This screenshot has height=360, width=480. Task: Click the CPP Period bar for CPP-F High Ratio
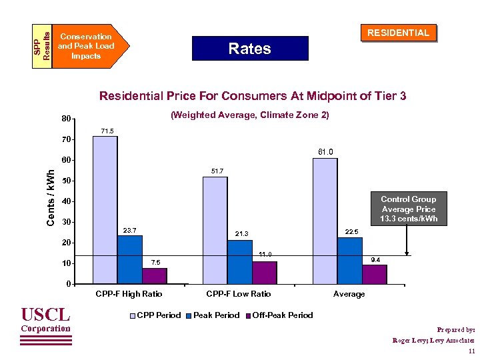pyautogui.click(x=105, y=210)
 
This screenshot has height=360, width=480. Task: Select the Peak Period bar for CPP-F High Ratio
pyautogui.click(x=130, y=260)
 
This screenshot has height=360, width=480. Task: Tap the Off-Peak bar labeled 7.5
pyautogui.click(x=155, y=276)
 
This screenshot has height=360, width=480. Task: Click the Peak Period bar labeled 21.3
pyautogui.click(x=240, y=262)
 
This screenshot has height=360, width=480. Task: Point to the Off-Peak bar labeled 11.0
pyautogui.click(x=265, y=273)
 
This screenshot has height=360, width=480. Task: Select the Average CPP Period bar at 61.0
pyautogui.click(x=325, y=221)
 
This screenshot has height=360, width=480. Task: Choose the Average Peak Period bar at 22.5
pyautogui.click(x=349, y=261)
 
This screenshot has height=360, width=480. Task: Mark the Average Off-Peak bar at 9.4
pyautogui.click(x=375, y=274)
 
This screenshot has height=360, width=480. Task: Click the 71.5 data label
pyautogui.click(x=106, y=131)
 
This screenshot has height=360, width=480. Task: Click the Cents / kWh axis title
pyautogui.click(x=50, y=197)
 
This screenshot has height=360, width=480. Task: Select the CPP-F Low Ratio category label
pyautogui.click(x=238, y=294)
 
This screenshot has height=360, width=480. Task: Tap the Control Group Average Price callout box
pyautogui.click(x=409, y=209)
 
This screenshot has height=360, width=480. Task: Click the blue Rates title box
pyautogui.click(x=249, y=49)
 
